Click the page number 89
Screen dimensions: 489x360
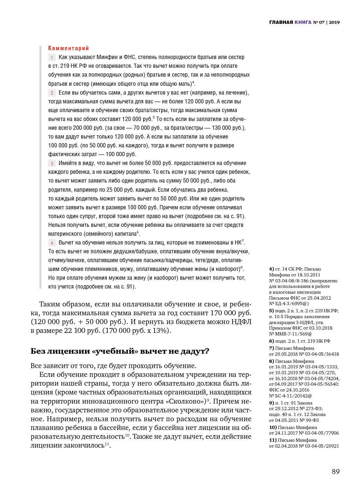point(336,472)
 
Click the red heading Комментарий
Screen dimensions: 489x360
point(68,48)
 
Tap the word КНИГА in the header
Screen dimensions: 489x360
point(303,22)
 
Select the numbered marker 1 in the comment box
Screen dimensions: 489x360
point(52,58)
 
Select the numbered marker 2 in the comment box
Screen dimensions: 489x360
point(52,93)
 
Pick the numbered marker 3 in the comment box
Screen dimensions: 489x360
point(52,164)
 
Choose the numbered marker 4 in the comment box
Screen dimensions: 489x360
point(52,243)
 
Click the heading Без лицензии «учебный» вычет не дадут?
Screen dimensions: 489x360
point(120,351)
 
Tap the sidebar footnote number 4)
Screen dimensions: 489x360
point(271,269)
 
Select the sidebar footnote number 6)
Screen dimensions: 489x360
point(271,341)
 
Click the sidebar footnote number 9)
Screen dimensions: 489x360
point(271,403)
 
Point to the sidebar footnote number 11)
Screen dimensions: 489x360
point(273,440)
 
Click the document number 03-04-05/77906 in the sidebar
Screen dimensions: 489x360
point(322,433)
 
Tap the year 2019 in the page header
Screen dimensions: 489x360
point(334,22)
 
